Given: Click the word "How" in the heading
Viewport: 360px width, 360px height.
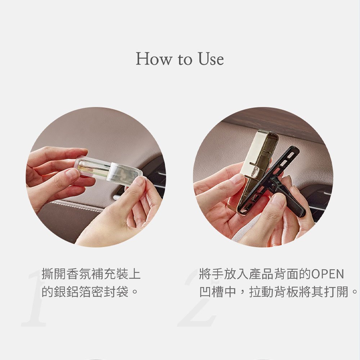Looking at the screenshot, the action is [154, 59].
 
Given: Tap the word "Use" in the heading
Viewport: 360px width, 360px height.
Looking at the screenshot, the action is [211, 59].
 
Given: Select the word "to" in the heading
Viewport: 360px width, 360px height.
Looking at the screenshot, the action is [185, 60].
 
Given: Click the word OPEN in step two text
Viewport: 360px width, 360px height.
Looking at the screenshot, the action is [328, 274].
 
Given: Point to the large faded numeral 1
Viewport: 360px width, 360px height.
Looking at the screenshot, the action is [35, 298].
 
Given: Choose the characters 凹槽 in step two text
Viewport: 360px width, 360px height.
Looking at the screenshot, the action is [211, 292].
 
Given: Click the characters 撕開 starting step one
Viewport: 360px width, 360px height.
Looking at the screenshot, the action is [54, 274].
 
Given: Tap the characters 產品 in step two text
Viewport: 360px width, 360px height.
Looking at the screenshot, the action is [261, 274].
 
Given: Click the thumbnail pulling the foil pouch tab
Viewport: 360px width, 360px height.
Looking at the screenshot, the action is [139, 181].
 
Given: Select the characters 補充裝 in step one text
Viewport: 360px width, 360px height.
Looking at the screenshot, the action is [110, 274].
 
